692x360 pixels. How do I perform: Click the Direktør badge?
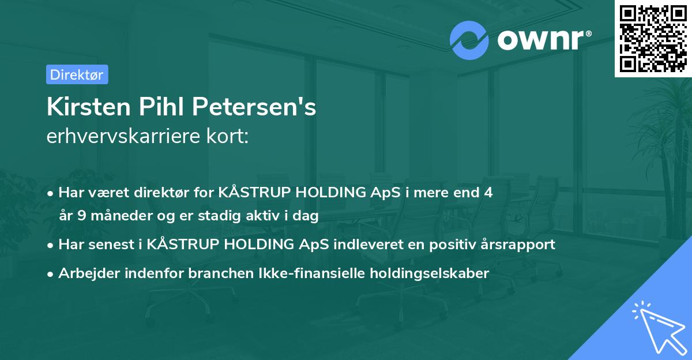click(77, 74)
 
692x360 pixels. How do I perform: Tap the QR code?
click(653, 38)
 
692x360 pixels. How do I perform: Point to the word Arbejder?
click(85, 273)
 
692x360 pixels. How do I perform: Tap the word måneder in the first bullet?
click(114, 216)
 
